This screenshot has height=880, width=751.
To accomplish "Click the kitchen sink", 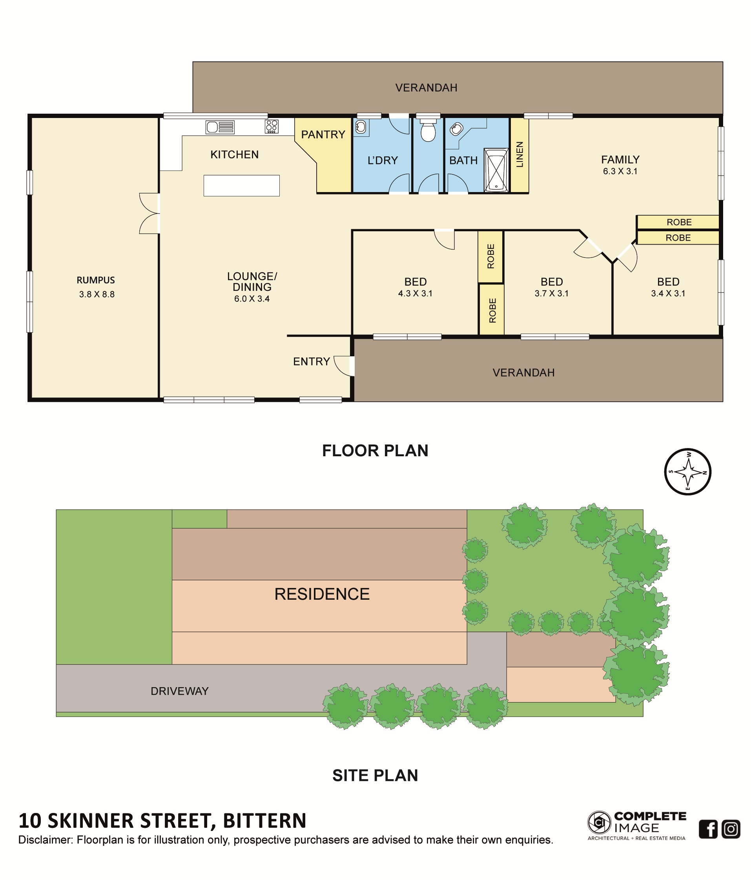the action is [220, 127].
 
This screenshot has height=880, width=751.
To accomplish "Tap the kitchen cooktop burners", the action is [272, 126].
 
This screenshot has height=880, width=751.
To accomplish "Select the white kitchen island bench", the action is [241, 185].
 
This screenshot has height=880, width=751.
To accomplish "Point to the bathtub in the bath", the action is [496, 170].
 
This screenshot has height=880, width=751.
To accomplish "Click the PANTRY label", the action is [323, 134].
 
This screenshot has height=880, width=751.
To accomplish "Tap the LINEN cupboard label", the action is [520, 154].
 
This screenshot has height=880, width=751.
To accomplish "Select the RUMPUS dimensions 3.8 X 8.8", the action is [97, 294].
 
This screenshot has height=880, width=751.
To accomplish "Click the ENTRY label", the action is [312, 361].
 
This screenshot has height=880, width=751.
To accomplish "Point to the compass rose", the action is [688, 472].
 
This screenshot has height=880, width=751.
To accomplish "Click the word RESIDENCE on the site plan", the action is [322, 594].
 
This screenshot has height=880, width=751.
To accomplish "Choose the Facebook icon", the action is [708, 829].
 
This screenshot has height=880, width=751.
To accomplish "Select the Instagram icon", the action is [731, 829].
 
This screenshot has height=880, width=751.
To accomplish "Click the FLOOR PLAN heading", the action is [375, 451].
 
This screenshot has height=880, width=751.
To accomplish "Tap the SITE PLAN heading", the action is [375, 775].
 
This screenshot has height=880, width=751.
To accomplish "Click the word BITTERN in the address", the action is [264, 821].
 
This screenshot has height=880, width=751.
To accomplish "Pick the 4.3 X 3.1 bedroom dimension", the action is [415, 294].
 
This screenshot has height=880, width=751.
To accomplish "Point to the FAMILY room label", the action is [620, 160].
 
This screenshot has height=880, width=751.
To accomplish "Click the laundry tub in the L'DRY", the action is [361, 127].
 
